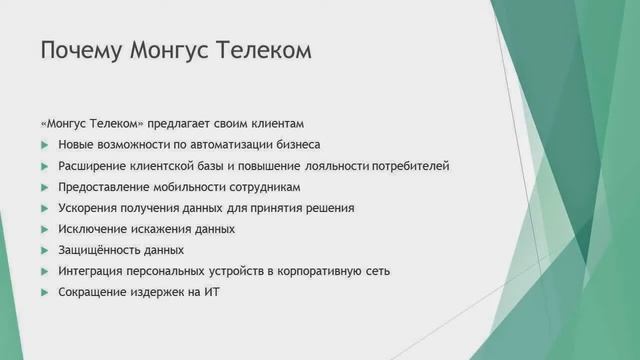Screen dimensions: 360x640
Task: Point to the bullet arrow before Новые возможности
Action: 44,145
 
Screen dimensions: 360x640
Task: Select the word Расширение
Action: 93,166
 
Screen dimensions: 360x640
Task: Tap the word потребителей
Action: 410,166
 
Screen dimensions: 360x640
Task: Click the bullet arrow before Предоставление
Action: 44,187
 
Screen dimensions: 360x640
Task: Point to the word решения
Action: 331,208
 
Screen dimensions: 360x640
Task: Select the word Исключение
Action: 93,229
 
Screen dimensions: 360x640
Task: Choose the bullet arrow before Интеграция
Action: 44,271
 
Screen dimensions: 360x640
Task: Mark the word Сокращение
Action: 92,292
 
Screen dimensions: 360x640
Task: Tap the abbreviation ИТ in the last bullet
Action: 210,292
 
